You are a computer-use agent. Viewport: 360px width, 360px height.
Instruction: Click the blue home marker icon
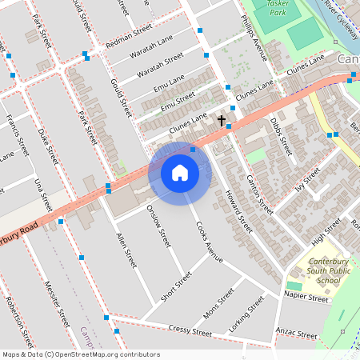(180, 173)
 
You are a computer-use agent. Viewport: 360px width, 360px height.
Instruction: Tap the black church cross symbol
(222, 121)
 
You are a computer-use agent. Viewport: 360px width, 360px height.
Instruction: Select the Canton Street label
(260, 194)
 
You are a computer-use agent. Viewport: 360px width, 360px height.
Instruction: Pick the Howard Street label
(238, 212)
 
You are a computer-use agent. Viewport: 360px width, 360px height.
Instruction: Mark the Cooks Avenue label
(209, 239)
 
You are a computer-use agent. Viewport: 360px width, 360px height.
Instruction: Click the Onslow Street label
(159, 226)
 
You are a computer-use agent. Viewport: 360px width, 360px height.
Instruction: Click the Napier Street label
(306, 298)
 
